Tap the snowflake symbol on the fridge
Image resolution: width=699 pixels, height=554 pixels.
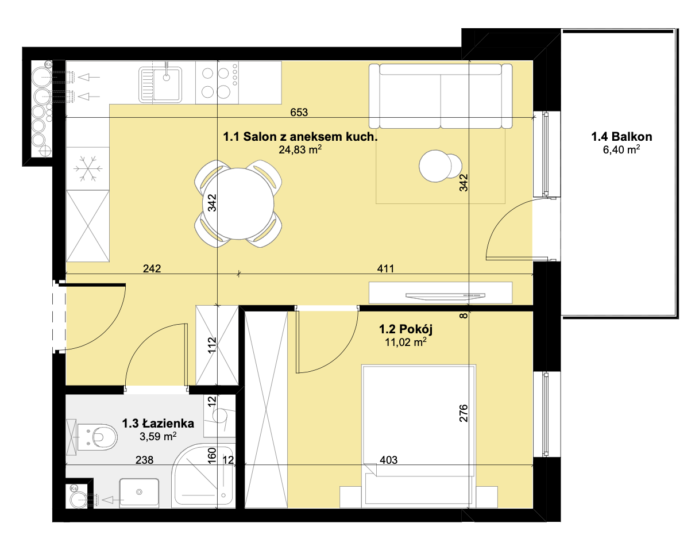[88, 168]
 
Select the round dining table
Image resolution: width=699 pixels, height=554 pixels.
[238, 204]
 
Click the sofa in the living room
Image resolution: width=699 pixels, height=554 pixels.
[441, 96]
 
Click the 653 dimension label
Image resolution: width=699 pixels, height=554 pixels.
[299, 112]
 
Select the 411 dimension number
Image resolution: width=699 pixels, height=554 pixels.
[385, 268]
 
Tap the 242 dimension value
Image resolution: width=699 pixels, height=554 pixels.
[152, 268]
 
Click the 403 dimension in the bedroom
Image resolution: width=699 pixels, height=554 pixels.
[388, 460]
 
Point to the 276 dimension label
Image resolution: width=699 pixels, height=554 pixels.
[464, 413]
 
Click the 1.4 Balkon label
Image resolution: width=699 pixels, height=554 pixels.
[621, 137]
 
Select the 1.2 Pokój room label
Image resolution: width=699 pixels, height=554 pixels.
[406, 329]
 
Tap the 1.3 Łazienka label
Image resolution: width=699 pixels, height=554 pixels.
[158, 424]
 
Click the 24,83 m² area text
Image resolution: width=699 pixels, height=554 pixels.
[300, 149]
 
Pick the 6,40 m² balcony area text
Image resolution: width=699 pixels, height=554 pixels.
[621, 149]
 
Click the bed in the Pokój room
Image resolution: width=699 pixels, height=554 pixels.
[419, 436]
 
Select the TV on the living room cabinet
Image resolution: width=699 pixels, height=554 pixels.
[445, 295]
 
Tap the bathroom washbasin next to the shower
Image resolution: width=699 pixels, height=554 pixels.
[139, 493]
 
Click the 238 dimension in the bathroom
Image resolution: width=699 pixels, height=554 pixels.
[145, 460]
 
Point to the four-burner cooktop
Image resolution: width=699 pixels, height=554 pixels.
[217, 83]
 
